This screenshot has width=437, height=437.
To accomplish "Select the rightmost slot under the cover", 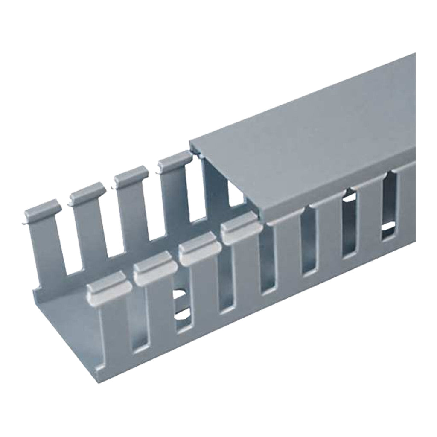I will tap(389, 209).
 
